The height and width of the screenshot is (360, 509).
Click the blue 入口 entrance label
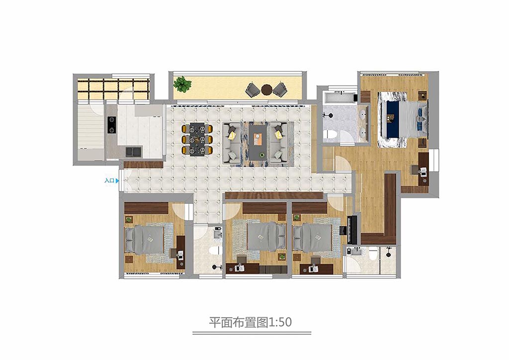[x=109, y=180]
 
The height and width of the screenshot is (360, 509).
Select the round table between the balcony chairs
[x=266, y=90]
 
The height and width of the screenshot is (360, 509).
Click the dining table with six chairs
[x=197, y=139]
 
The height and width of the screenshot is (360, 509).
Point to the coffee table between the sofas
[x=258, y=142]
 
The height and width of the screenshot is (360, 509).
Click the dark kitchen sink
[x=134, y=152]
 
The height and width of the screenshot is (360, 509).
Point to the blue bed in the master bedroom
[x=403, y=119]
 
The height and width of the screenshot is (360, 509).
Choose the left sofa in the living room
[x=232, y=143]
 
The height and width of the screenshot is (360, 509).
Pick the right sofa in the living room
[x=278, y=143]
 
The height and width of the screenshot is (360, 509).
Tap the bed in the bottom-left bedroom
[x=145, y=239]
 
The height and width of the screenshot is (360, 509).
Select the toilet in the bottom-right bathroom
[x=373, y=253]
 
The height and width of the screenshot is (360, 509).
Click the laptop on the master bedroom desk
[x=424, y=172]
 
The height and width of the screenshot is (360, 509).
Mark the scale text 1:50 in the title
[x=279, y=322]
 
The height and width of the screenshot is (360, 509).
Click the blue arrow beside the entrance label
[x=117, y=181]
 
